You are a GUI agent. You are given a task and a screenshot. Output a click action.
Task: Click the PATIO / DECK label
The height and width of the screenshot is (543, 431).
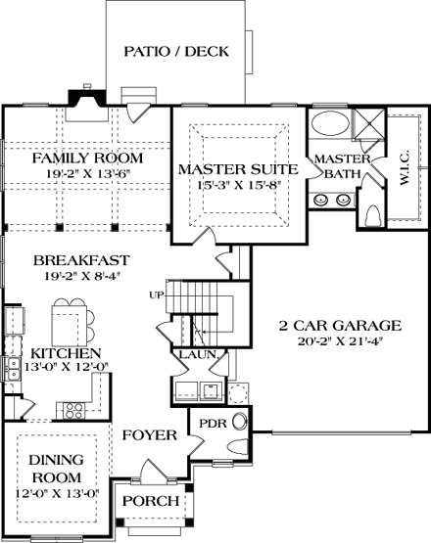(x=176, y=51)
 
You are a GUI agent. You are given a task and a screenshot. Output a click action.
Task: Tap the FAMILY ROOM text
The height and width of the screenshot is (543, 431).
(x=87, y=158)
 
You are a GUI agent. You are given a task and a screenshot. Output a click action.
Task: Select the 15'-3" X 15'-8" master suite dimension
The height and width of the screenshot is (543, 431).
(x=239, y=185)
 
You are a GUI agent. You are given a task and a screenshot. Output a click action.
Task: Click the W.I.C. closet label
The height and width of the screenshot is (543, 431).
(x=405, y=167)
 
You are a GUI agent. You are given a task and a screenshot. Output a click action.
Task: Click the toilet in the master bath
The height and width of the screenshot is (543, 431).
(x=374, y=215)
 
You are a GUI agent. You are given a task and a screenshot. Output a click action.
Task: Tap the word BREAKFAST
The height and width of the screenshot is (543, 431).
(x=81, y=260)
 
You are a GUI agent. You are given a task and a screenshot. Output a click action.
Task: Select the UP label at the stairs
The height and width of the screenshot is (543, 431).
(x=156, y=295)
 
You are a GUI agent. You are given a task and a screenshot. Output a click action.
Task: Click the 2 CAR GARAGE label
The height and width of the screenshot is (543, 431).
(x=340, y=326)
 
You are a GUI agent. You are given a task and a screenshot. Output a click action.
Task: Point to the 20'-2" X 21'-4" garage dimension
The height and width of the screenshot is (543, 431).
(x=340, y=341)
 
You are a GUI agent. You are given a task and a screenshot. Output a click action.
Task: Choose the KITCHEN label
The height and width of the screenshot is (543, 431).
(x=66, y=353)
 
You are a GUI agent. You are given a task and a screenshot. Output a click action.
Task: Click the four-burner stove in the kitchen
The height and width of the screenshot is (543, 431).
(x=74, y=411)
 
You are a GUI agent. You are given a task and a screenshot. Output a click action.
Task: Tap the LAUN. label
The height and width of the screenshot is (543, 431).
(x=200, y=354)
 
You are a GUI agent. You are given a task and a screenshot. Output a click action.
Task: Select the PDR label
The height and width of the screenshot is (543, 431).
(x=213, y=424)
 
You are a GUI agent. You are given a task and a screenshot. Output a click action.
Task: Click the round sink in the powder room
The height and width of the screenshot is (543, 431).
(x=239, y=422)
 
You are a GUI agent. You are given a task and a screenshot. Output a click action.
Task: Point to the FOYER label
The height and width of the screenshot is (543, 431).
(x=150, y=435)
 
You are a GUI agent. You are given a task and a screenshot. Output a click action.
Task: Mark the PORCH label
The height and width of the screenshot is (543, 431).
(x=151, y=501)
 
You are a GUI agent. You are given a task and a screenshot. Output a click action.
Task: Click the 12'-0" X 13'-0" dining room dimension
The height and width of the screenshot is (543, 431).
(x=58, y=493)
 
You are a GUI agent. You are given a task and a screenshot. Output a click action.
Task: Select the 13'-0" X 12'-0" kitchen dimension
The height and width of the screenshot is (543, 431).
(x=67, y=366)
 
